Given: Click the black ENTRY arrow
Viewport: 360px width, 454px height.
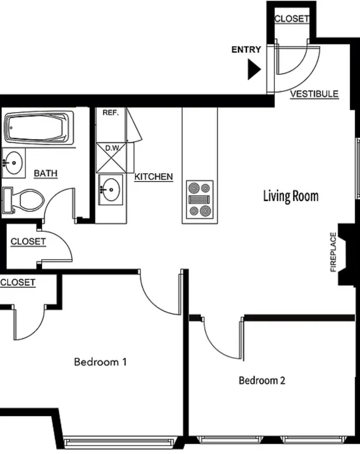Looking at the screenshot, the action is (x=254, y=69).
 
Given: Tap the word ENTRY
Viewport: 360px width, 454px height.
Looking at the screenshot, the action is (x=246, y=50).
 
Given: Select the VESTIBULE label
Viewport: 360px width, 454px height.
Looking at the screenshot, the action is (x=314, y=94).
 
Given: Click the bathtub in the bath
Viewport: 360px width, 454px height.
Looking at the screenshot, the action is (x=39, y=128).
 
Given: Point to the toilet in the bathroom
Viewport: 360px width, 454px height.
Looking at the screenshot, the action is (x=23, y=200).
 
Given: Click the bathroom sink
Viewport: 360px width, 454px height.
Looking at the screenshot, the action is (x=13, y=163).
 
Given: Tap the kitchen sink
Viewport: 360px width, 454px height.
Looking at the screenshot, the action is (x=111, y=190).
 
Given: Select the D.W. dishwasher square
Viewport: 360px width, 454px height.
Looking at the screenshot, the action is (x=112, y=157).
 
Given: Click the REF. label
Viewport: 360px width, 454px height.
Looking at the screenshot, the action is (x=111, y=113).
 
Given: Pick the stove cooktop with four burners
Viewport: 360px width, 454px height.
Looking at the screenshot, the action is (x=200, y=200).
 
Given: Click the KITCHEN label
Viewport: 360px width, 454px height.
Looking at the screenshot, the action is (x=153, y=176).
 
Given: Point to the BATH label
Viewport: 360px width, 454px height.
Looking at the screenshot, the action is (x=46, y=173).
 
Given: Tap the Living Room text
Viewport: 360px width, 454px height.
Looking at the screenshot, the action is (x=291, y=196).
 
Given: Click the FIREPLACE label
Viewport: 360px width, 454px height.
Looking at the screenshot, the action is (x=333, y=252).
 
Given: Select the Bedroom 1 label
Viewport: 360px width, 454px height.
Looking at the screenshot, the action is (x=100, y=362).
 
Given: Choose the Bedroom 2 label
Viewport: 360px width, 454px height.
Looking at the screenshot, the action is (x=262, y=380).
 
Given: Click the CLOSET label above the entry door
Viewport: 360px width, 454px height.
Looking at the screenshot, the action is (x=292, y=19).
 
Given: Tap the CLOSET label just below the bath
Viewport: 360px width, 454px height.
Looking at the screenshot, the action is (x=28, y=242).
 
